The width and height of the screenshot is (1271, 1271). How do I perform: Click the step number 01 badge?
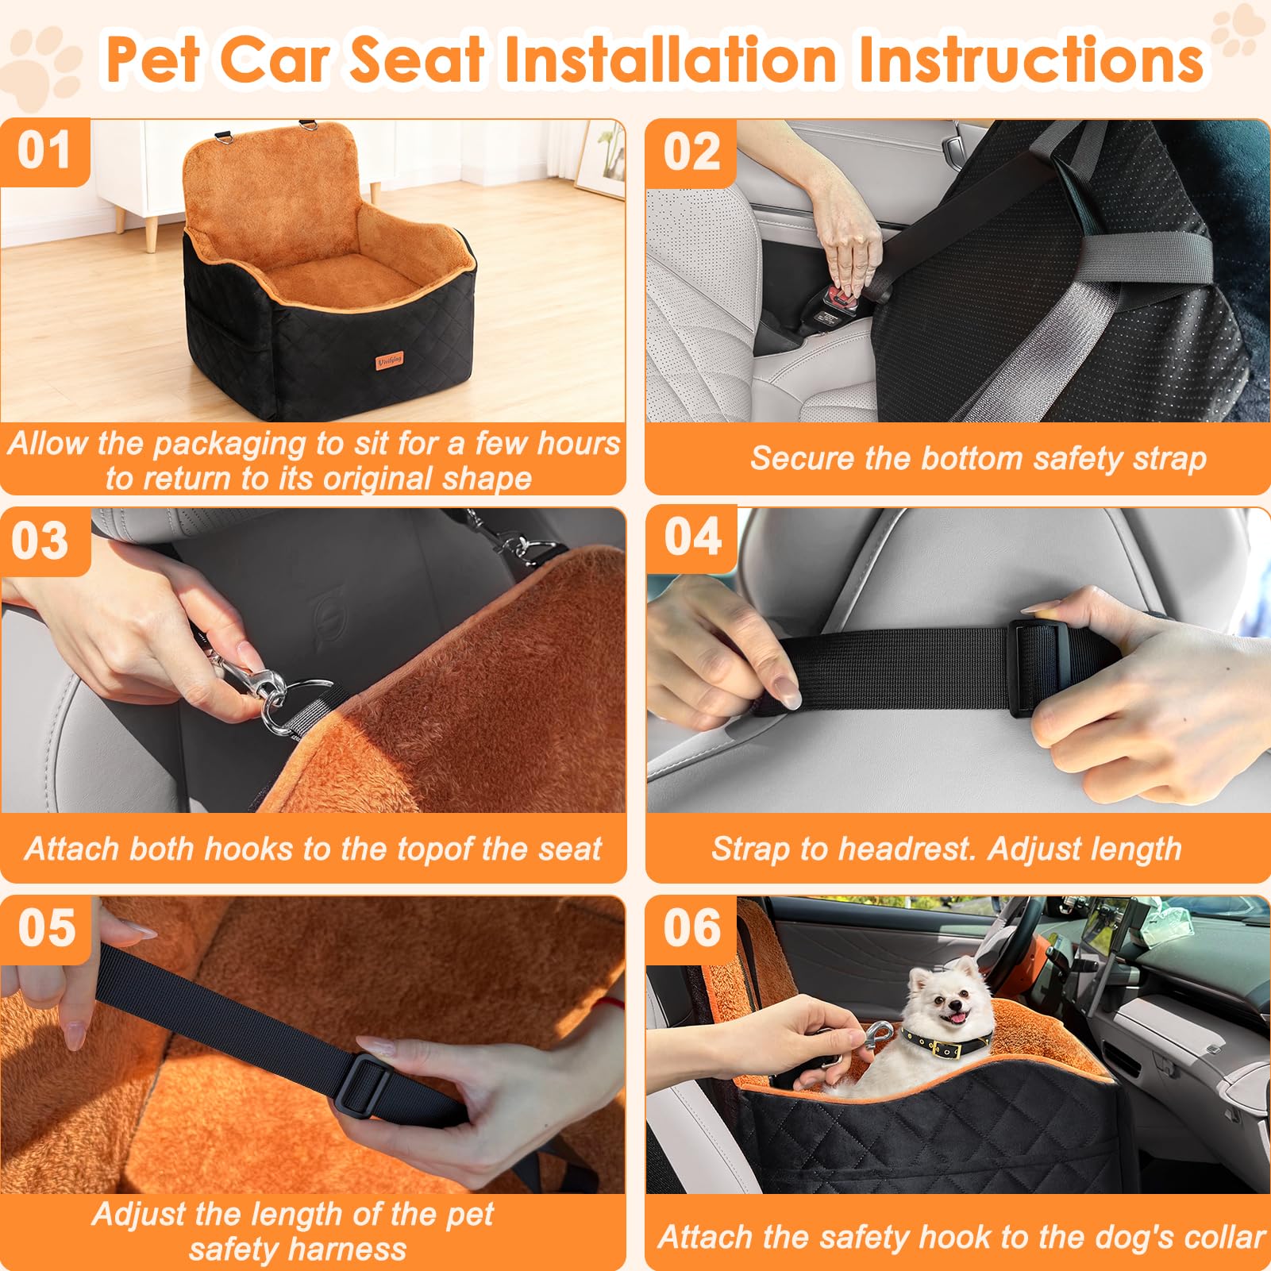click(44, 151)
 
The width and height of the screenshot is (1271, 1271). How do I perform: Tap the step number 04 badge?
click(692, 537)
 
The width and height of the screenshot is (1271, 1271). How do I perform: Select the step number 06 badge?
click(692, 927)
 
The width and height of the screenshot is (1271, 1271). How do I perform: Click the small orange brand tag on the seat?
click(389, 360)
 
